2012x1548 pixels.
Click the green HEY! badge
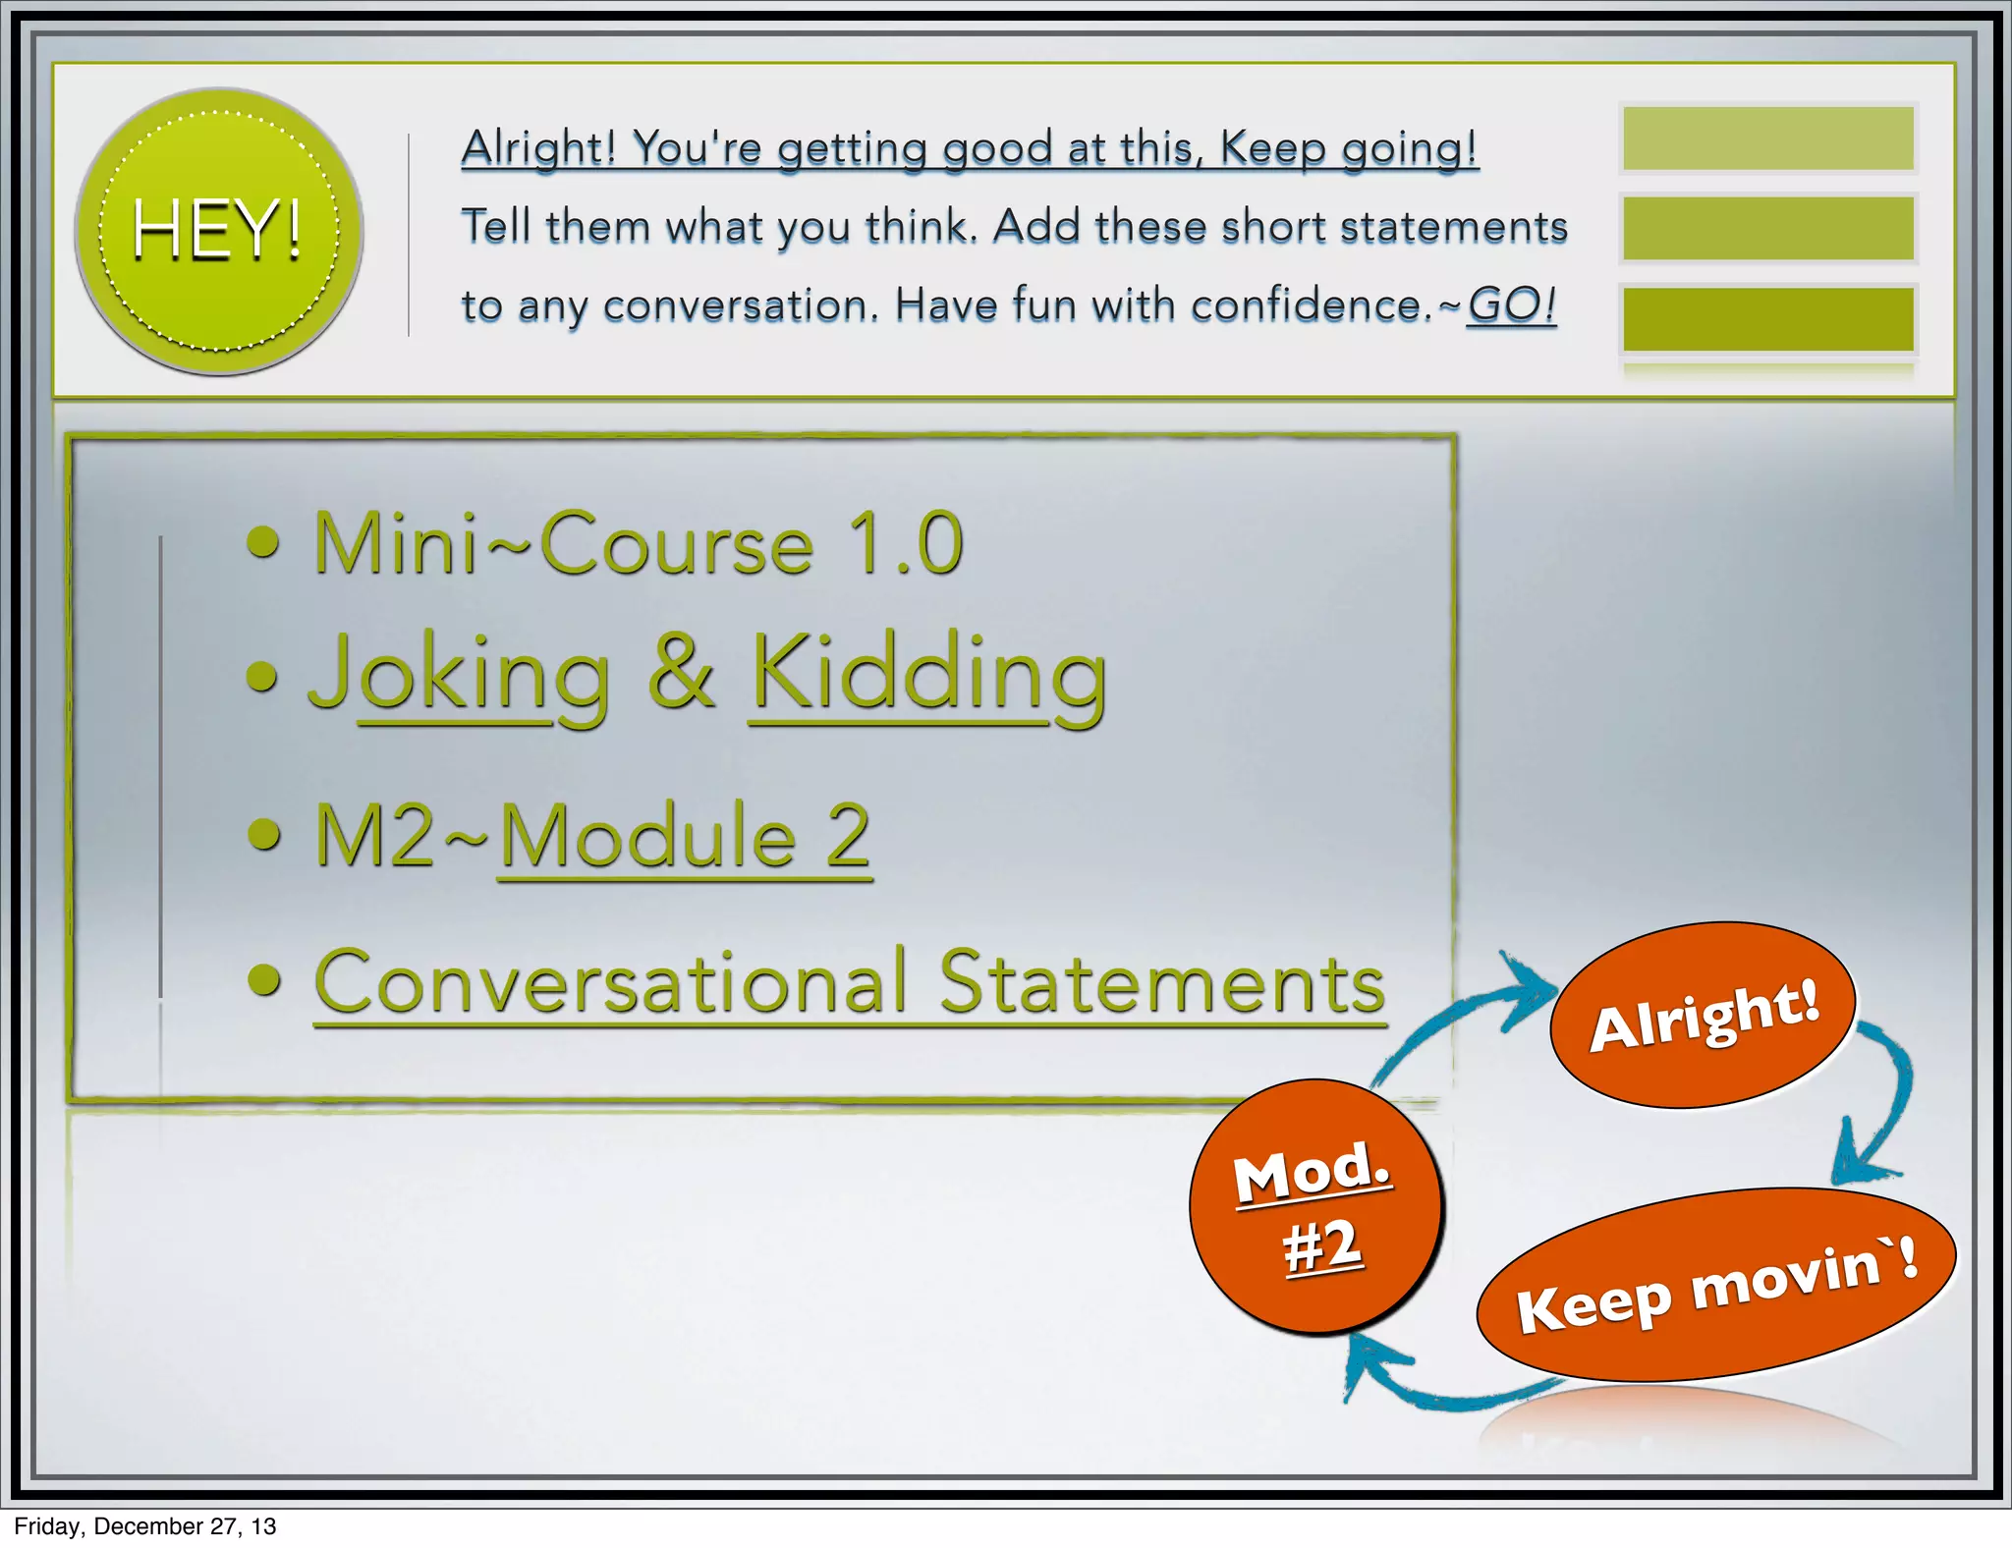pyautogui.click(x=219, y=232)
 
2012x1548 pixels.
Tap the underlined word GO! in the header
pyautogui.click(x=1511, y=305)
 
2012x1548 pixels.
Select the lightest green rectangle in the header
pyautogui.click(x=1767, y=138)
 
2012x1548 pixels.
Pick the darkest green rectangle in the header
pyautogui.click(x=1767, y=318)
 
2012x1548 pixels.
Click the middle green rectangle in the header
pyautogui.click(x=1767, y=228)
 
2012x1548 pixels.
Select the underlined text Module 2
pyautogui.click(x=685, y=837)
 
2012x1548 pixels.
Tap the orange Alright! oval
pyautogui.click(x=1704, y=1016)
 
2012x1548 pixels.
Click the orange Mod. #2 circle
pyautogui.click(x=1315, y=1206)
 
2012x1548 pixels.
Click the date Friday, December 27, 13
pyautogui.click(x=145, y=1526)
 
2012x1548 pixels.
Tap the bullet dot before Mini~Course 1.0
pyautogui.click(x=263, y=541)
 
